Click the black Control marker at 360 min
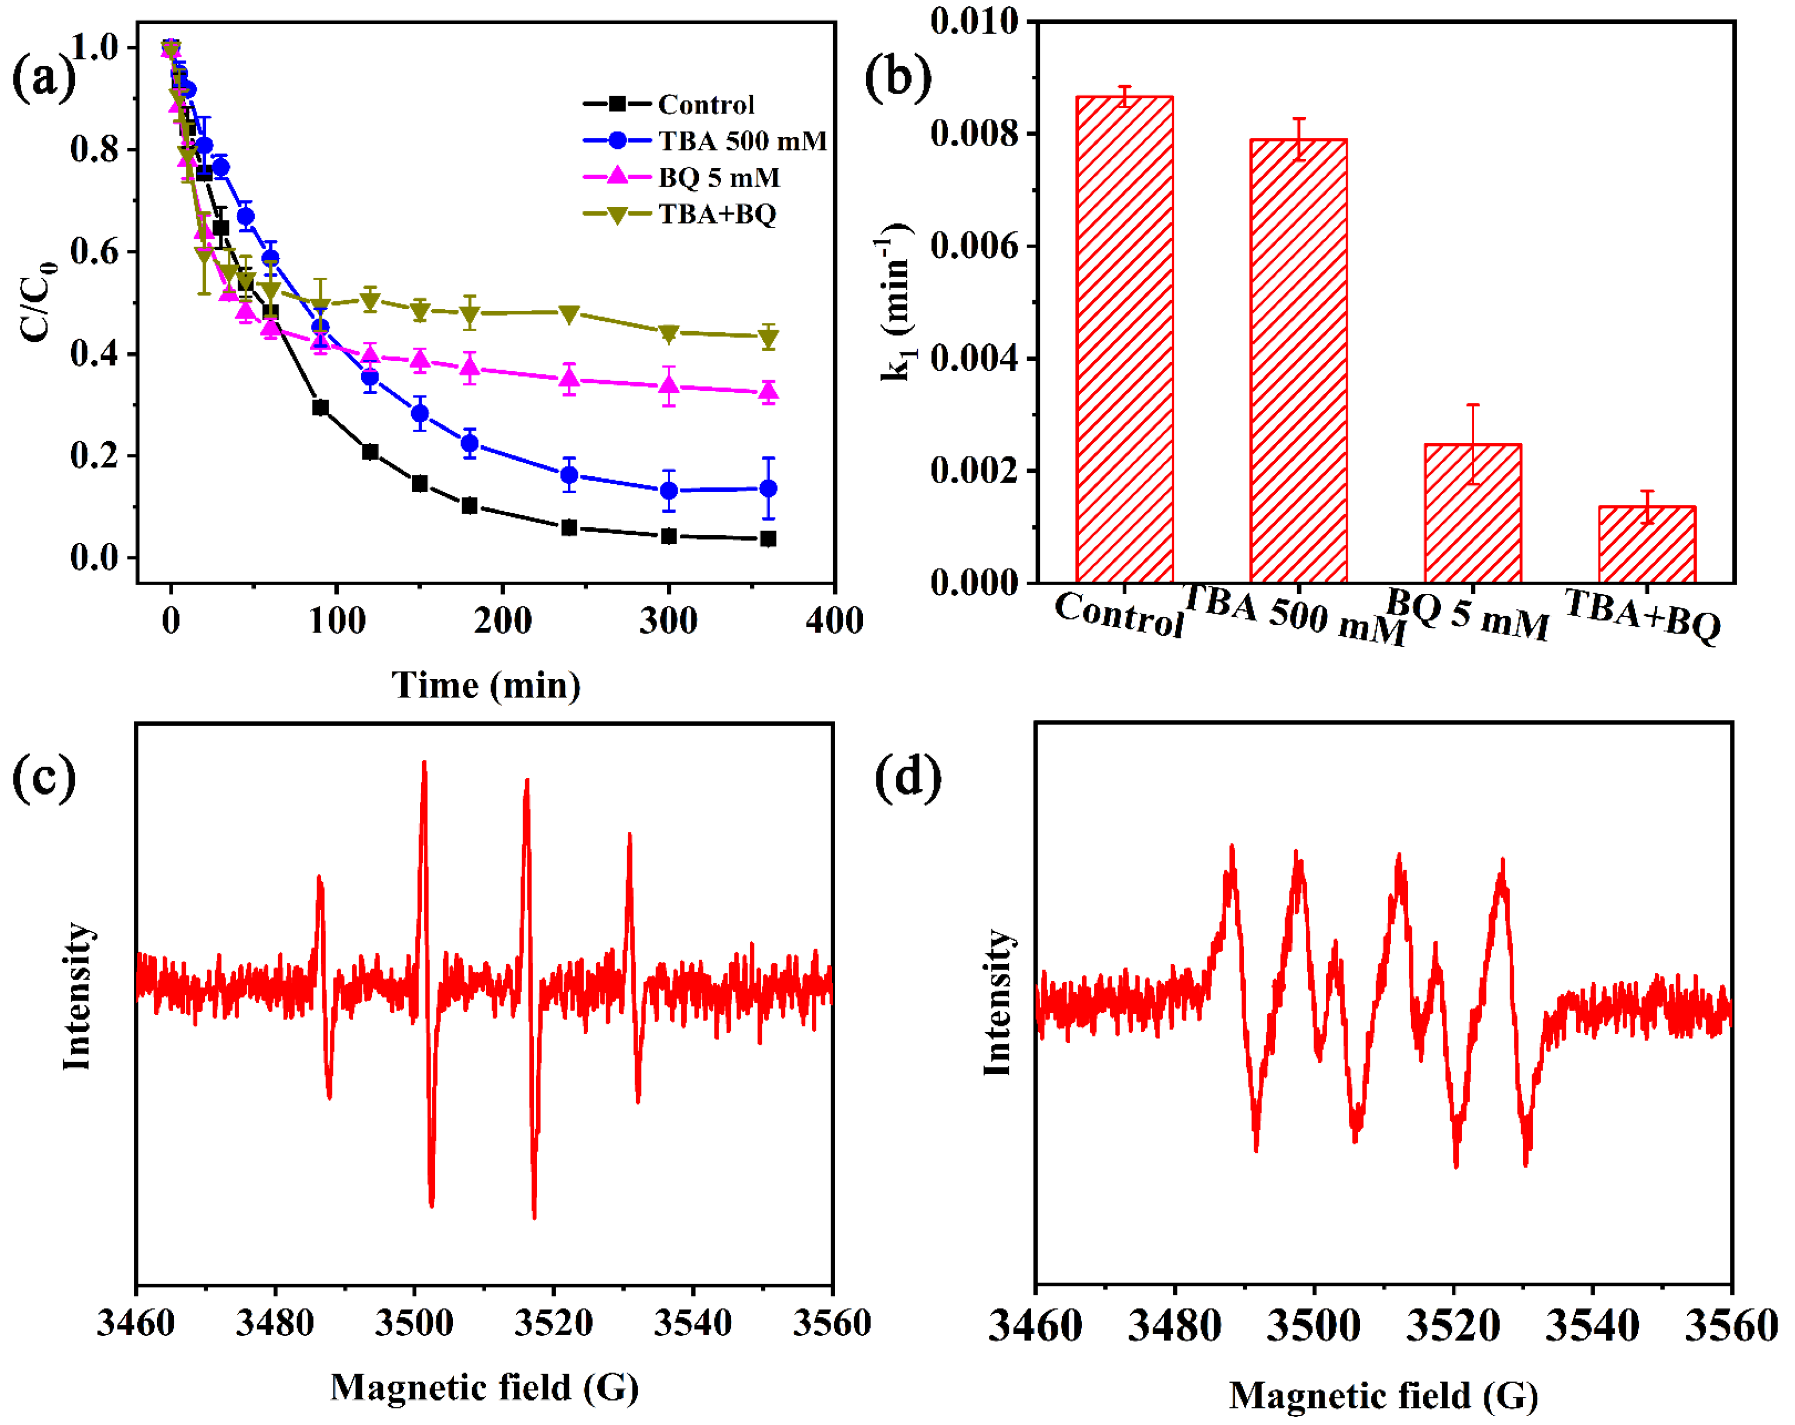769,539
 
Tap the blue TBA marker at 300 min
669,490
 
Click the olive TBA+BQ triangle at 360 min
769,337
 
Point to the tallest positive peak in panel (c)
424,765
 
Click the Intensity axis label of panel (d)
997,1002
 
